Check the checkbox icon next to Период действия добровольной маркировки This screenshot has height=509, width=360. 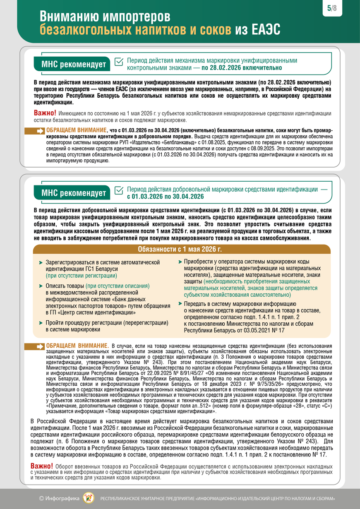click(119, 190)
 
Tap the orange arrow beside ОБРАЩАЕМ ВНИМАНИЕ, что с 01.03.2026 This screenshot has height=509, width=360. click(40, 131)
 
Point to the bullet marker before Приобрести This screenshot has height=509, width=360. click(180, 262)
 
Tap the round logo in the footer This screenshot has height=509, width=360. click(88, 498)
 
